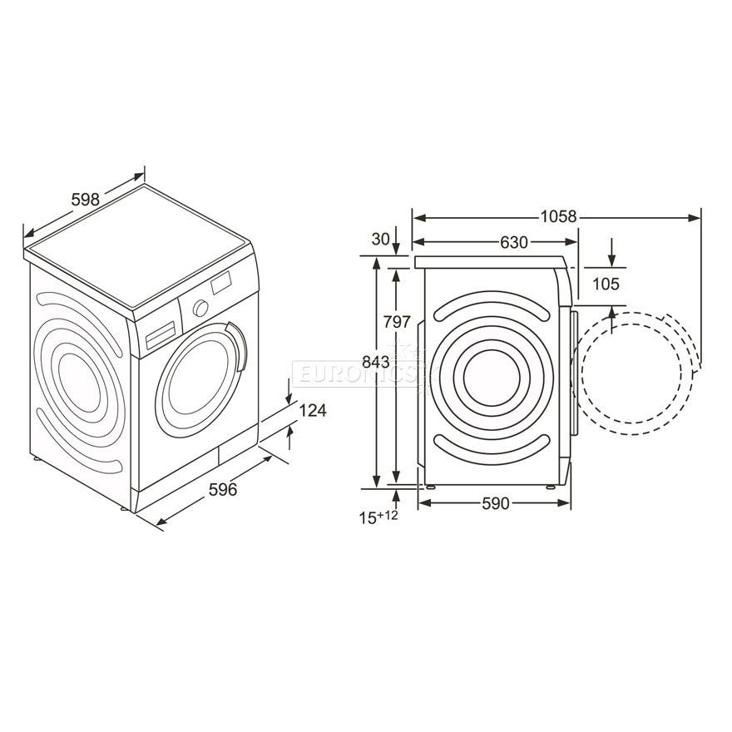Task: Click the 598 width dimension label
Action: (86, 200)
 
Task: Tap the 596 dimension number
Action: (223, 489)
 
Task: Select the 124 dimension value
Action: (312, 410)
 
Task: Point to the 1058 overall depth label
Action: (559, 216)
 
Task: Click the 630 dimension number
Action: (514, 242)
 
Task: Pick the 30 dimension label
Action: (380, 239)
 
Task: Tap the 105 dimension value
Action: (606, 284)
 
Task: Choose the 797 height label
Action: (397, 322)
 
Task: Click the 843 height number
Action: (376, 361)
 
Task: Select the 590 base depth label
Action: (495, 503)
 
